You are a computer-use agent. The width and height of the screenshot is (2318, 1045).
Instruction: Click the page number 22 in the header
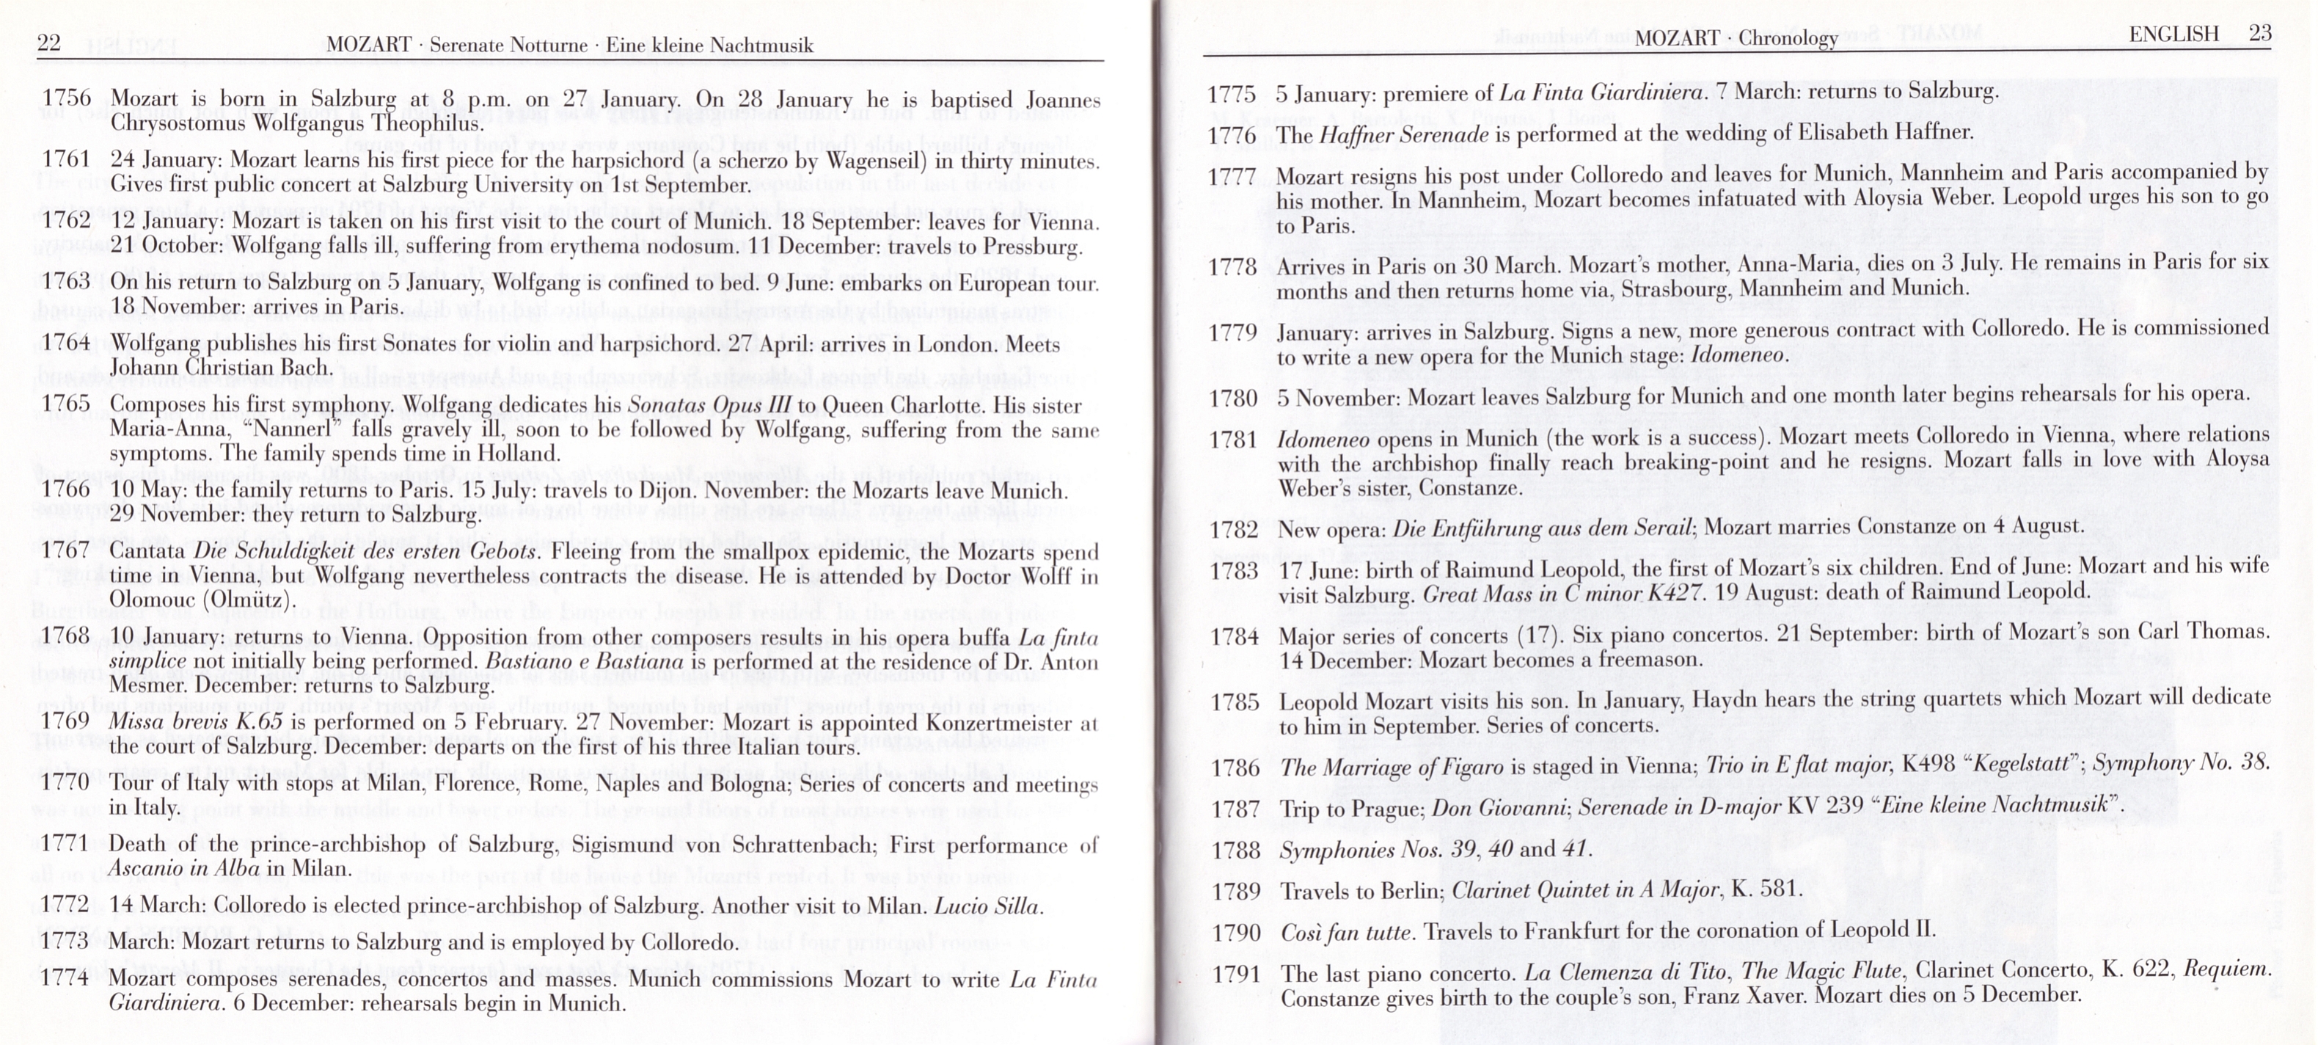tap(48, 43)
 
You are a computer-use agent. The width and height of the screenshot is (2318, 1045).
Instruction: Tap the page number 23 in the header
tap(2259, 34)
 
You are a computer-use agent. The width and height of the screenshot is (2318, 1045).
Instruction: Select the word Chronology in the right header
tap(1788, 38)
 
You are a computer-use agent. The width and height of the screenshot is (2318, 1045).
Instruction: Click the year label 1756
tap(67, 98)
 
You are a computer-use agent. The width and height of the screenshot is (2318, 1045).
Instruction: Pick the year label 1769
tap(67, 722)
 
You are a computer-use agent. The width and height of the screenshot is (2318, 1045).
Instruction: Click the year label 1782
tap(1234, 529)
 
